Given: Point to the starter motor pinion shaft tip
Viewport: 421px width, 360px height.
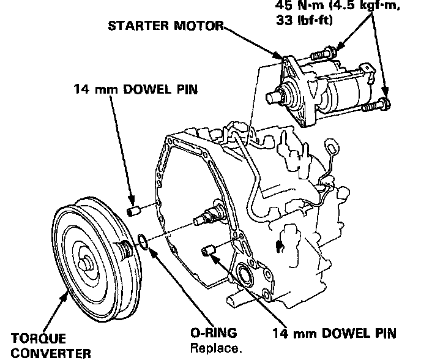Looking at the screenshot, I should pos(270,97).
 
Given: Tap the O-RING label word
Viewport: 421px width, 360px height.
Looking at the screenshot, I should pos(213,334).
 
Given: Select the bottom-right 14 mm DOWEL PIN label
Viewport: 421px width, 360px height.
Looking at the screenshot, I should pos(334,334).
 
